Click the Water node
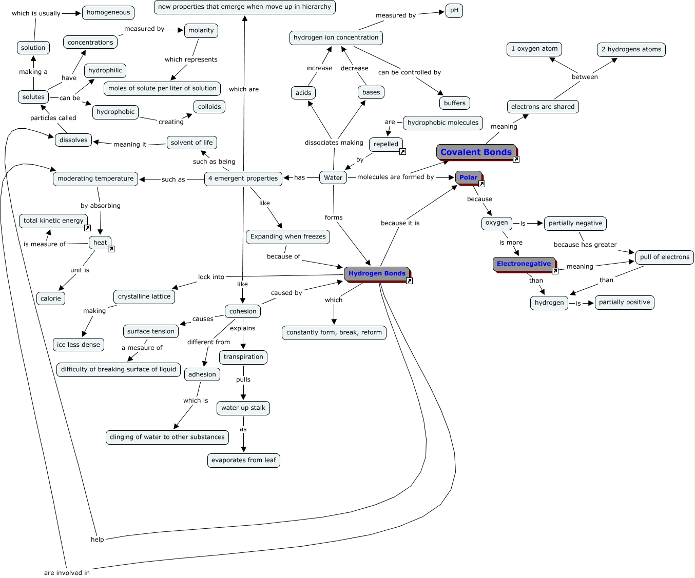point(333,177)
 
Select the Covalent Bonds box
point(476,152)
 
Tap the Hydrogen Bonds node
point(377,274)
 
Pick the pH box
point(454,10)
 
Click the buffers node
point(455,103)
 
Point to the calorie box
point(51,298)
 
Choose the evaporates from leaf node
point(244,460)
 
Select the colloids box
point(209,107)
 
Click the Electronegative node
point(524,264)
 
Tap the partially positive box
point(625,302)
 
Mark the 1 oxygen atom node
point(534,49)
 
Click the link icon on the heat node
point(111,249)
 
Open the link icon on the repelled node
point(403,152)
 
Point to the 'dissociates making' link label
point(334,143)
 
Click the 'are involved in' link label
point(67,573)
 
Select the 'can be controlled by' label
point(410,72)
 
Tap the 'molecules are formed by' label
point(395,177)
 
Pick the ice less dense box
point(79,345)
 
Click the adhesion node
point(202,374)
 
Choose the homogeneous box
point(108,13)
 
